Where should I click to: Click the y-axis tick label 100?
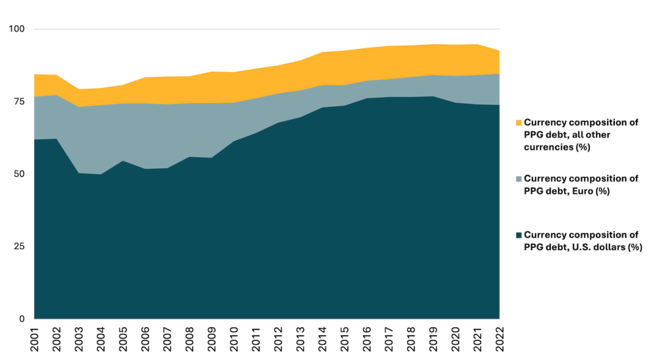(16, 29)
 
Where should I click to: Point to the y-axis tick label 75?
(18, 102)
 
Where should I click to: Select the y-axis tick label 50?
(18, 174)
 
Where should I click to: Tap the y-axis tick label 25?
(18, 247)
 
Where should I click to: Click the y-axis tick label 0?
(21, 319)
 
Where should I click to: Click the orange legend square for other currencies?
(519, 123)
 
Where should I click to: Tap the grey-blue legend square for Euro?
(519, 179)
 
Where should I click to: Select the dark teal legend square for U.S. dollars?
(519, 235)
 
